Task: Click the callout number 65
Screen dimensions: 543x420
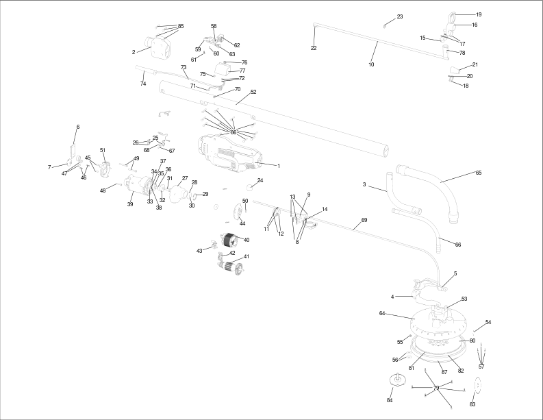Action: pyautogui.click(x=478, y=173)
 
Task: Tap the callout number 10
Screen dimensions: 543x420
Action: pyautogui.click(x=371, y=64)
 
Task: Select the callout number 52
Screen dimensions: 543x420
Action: pyautogui.click(x=253, y=92)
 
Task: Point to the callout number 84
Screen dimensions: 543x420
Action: pyautogui.click(x=390, y=400)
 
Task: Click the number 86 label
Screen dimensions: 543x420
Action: pyautogui.click(x=233, y=132)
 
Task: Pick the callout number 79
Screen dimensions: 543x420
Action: pyautogui.click(x=436, y=388)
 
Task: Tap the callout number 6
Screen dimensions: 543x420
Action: pyautogui.click(x=78, y=127)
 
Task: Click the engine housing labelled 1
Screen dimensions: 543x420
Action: pyautogui.click(x=229, y=153)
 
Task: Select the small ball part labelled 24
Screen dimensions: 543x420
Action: pyautogui.click(x=250, y=188)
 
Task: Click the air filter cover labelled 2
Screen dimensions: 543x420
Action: pyautogui.click(x=158, y=47)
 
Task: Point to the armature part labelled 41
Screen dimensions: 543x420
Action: pyautogui.click(x=230, y=268)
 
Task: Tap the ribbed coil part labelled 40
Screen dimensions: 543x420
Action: pyautogui.click(x=229, y=240)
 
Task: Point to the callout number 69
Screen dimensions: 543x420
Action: pyautogui.click(x=364, y=220)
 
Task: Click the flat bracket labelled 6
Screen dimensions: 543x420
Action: pyautogui.click(x=73, y=151)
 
